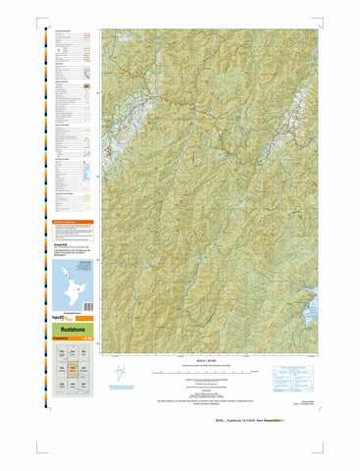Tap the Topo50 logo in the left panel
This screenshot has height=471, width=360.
62,321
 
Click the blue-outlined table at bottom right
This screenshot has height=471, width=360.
299,375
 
